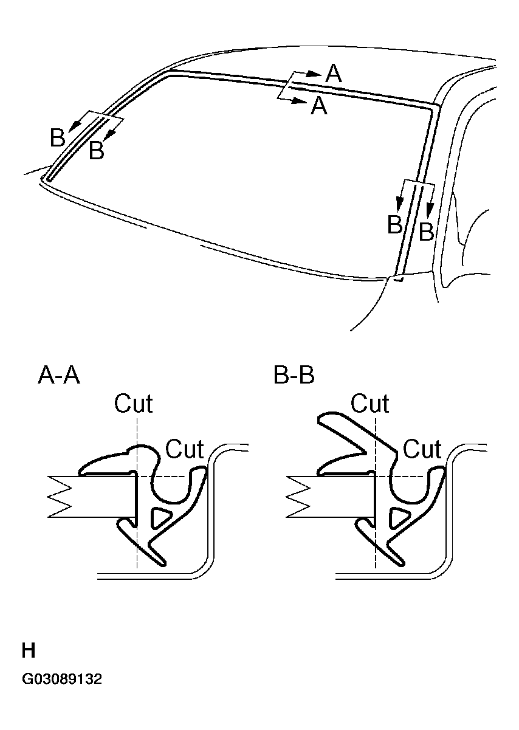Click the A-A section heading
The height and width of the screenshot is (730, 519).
tap(59, 376)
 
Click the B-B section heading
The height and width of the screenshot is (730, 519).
tap(294, 376)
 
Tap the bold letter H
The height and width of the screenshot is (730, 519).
tap(29, 651)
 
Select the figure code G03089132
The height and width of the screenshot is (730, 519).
tap(62, 679)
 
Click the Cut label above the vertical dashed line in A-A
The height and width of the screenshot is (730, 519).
tap(133, 404)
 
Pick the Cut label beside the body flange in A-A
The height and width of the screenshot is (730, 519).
tap(185, 449)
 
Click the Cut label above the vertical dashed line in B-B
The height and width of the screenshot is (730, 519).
tap(370, 404)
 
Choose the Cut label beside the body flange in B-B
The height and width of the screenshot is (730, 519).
tap(422, 449)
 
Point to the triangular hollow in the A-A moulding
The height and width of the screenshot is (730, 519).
tap(161, 518)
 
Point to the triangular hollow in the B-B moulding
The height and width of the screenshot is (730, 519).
tap(399, 518)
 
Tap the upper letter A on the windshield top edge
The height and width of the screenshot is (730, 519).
tap(334, 74)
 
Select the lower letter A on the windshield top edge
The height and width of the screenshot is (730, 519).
tap(319, 106)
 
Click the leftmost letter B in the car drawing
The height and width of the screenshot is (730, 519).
tap(58, 139)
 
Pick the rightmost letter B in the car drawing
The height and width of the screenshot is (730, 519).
tap(427, 232)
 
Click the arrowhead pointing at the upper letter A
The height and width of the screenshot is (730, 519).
tap(318, 74)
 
